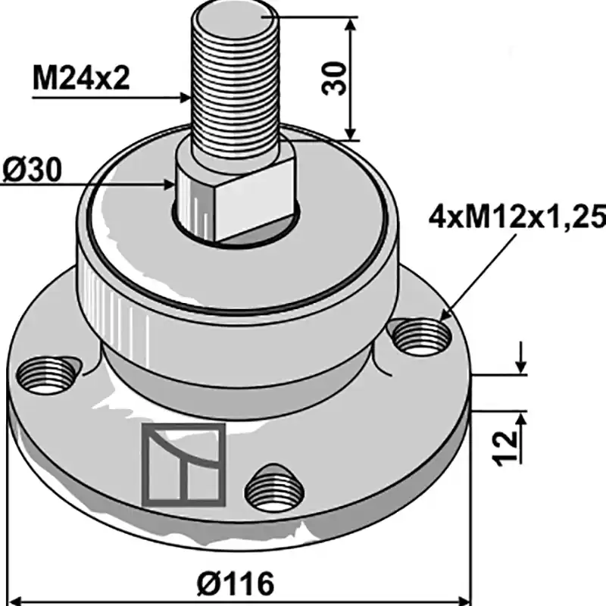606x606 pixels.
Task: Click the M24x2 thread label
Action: (81, 78)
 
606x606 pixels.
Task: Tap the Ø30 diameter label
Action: (32, 170)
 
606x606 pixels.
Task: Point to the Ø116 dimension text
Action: (236, 583)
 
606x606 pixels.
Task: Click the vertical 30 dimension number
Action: (333, 78)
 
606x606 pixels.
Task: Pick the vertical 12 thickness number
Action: (504, 448)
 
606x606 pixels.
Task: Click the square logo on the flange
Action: (183, 464)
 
